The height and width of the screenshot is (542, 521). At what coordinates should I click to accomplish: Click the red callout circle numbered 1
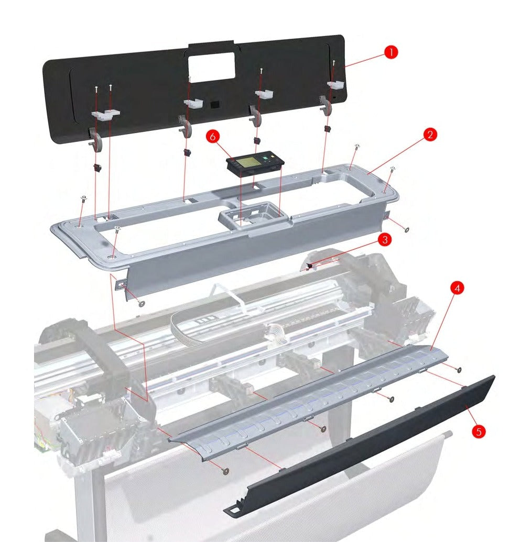pos(391,52)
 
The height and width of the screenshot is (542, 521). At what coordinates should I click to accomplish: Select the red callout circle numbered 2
pos(430,134)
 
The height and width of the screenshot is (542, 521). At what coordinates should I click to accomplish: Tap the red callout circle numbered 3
pos(385,239)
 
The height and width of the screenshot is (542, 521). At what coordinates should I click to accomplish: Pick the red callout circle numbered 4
pos(458,287)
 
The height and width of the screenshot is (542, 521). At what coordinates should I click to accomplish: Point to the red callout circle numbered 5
pos(479,432)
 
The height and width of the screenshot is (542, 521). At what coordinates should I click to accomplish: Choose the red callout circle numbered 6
pos(213,137)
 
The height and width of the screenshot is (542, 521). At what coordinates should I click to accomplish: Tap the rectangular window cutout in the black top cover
pos(211,68)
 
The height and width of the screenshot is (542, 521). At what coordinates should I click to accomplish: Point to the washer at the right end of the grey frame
pos(407,229)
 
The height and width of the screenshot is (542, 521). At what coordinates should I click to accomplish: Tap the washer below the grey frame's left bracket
pos(141,304)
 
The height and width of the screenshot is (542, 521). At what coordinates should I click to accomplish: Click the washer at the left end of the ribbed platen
pos(226,471)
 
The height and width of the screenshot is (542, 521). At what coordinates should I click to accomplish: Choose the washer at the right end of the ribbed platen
pos(459,370)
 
